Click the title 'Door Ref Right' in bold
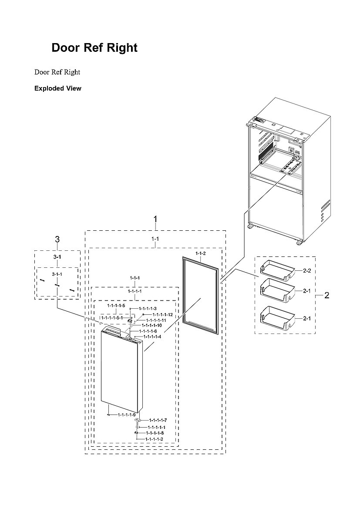click(x=94, y=48)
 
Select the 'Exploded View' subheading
click(x=57, y=88)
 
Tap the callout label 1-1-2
click(x=200, y=253)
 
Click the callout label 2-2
click(x=306, y=271)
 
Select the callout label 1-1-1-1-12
click(x=162, y=314)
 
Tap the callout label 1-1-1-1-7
click(x=158, y=420)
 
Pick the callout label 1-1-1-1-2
click(x=154, y=439)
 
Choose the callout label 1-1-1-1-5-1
click(x=112, y=318)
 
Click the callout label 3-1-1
click(x=57, y=274)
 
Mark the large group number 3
click(x=57, y=239)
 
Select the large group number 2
click(x=326, y=296)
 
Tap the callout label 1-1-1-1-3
click(x=148, y=308)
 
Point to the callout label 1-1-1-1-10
click(x=151, y=325)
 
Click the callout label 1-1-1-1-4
click(x=152, y=337)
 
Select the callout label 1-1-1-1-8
click(x=155, y=433)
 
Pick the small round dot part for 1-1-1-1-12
click(x=143, y=314)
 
